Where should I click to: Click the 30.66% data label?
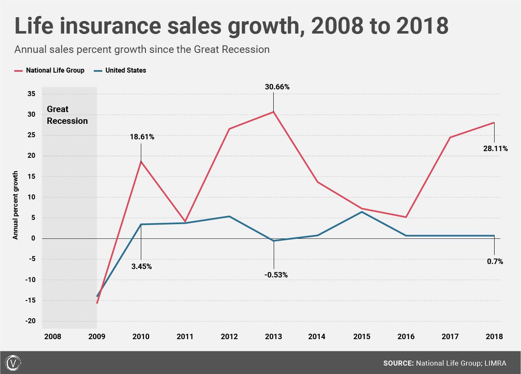pyautogui.click(x=277, y=87)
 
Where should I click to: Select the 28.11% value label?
pyautogui.click(x=495, y=148)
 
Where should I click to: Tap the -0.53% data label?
pyautogui.click(x=276, y=275)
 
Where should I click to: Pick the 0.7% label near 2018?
pyautogui.click(x=495, y=261)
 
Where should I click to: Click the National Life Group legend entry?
pyautogui.click(x=55, y=70)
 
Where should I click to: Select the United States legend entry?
pyautogui.click(x=125, y=70)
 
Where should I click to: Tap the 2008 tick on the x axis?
pyautogui.click(x=52, y=336)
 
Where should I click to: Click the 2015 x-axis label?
pyautogui.click(x=362, y=336)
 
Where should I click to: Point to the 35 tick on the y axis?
pyautogui.click(x=31, y=94)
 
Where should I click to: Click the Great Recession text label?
pyautogui.click(x=67, y=115)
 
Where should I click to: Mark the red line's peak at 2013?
pyautogui.click(x=273, y=112)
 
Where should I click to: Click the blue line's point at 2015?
pyautogui.click(x=362, y=212)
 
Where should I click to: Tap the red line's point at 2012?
pyautogui.click(x=229, y=128)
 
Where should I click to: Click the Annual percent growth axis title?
pyautogui.click(x=16, y=205)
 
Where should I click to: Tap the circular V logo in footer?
pyautogui.click(x=14, y=363)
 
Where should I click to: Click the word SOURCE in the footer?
pyautogui.click(x=398, y=363)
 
